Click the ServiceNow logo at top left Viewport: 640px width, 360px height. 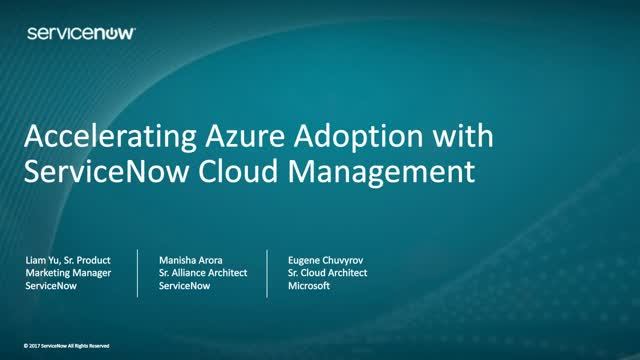pyautogui.click(x=81, y=33)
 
